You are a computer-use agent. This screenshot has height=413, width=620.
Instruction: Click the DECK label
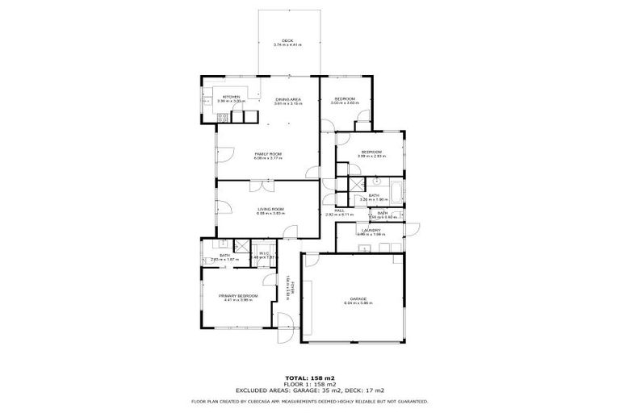coord(287,40)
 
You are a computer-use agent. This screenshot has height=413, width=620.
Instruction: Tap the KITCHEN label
coord(232,98)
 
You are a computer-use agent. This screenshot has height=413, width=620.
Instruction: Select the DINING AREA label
coord(287,99)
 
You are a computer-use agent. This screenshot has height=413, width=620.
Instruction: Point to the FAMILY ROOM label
coord(268,153)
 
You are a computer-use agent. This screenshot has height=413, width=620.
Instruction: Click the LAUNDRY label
coord(371,230)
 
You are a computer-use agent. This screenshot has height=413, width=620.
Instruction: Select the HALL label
coord(340,211)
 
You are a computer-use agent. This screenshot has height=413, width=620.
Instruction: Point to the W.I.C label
coord(263,253)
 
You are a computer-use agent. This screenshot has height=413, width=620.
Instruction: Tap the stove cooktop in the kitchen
coord(222,119)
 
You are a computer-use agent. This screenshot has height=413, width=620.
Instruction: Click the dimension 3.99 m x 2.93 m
coord(371,156)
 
